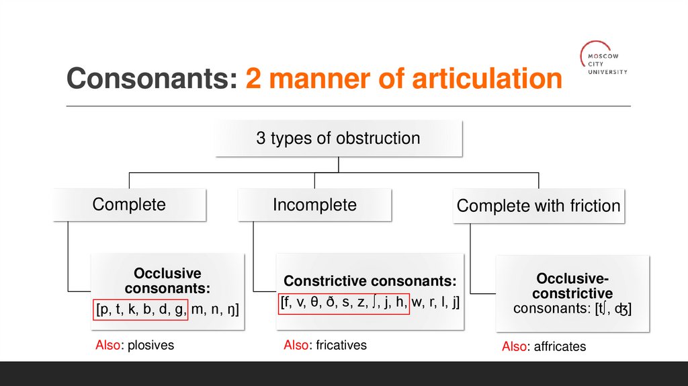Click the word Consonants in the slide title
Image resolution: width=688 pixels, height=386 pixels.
tap(152, 79)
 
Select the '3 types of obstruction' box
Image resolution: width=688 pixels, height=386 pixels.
tap(338, 139)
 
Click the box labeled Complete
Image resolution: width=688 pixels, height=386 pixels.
tap(129, 204)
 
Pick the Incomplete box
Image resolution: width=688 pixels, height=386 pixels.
tap(314, 204)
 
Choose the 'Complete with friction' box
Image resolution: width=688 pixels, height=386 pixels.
tap(538, 206)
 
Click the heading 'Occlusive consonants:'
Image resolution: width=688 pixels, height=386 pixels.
tap(167, 281)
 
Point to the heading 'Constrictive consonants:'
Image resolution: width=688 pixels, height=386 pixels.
tap(370, 281)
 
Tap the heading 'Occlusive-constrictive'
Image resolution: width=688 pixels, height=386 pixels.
tap(573, 286)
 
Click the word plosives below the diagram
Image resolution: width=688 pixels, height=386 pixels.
tap(150, 346)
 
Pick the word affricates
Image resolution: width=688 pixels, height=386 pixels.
tap(560, 347)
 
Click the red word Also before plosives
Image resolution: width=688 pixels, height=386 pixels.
tap(107, 346)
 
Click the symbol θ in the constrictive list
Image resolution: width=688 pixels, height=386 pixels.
tap(314, 303)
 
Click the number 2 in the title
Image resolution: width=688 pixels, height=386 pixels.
tap(253, 79)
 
